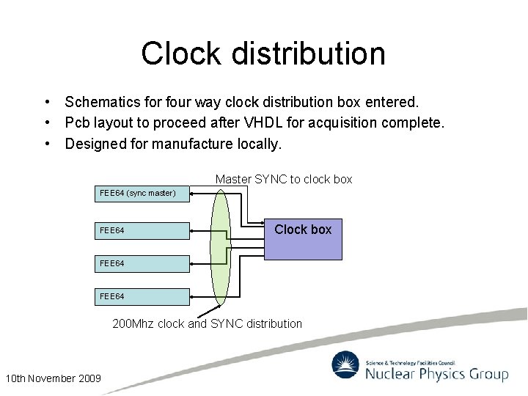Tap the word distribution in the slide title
point(307,54)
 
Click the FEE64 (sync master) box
point(142,194)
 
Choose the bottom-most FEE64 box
point(142,296)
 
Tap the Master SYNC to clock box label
point(284,179)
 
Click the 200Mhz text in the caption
point(133,323)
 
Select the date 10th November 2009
point(53,378)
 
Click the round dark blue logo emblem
point(345,365)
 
